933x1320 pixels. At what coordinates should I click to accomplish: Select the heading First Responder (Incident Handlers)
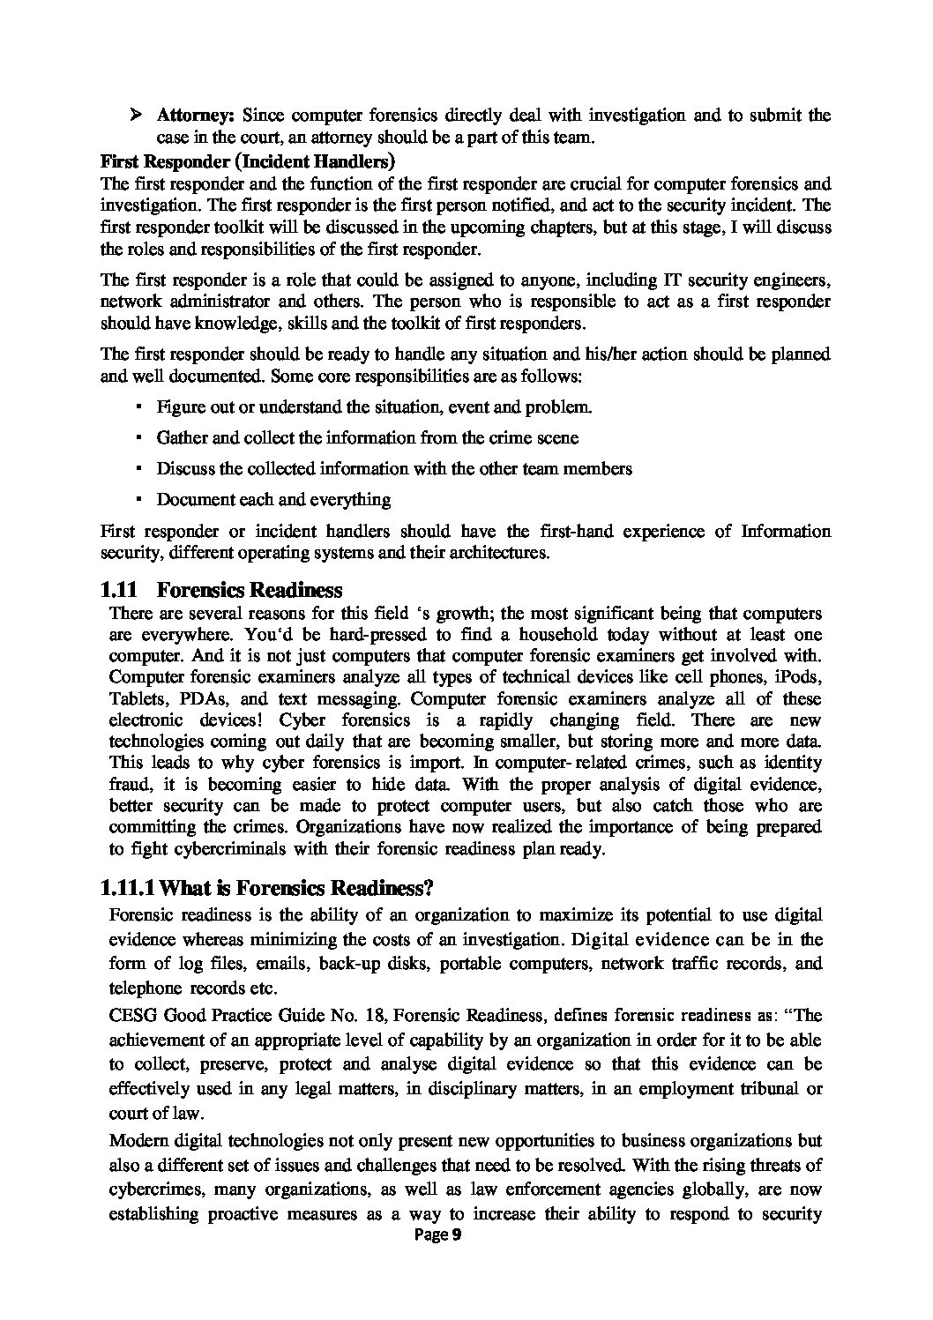click(248, 161)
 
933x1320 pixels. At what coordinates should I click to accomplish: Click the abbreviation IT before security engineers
click(671, 280)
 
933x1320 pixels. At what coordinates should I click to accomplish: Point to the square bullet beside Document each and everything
click(139, 499)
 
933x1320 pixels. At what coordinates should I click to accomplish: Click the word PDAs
click(202, 698)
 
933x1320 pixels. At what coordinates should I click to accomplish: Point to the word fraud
click(129, 784)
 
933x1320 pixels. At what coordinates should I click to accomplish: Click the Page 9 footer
click(438, 1235)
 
